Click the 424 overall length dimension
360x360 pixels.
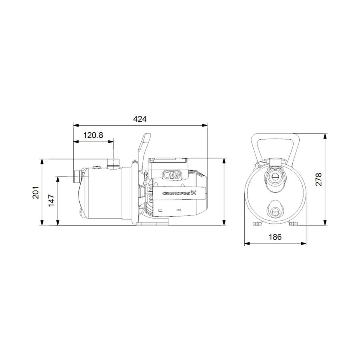pos(140,119)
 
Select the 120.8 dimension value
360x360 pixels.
pos(93,135)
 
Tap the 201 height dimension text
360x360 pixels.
pos(36,192)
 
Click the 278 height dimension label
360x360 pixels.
pos(319,179)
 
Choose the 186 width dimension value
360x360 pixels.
pos(275,237)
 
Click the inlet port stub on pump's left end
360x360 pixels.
pos(76,177)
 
